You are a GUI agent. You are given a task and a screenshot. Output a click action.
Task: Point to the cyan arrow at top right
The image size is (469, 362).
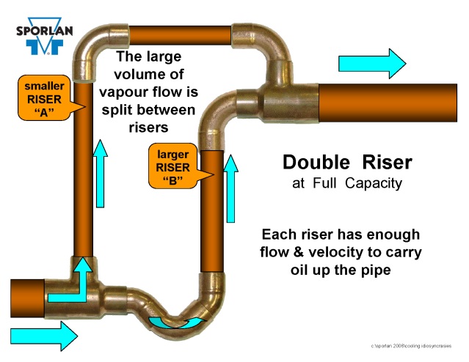pyautogui.click(x=372, y=64)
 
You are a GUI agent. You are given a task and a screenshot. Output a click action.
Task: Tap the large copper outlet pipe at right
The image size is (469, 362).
pyautogui.click(x=393, y=106)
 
